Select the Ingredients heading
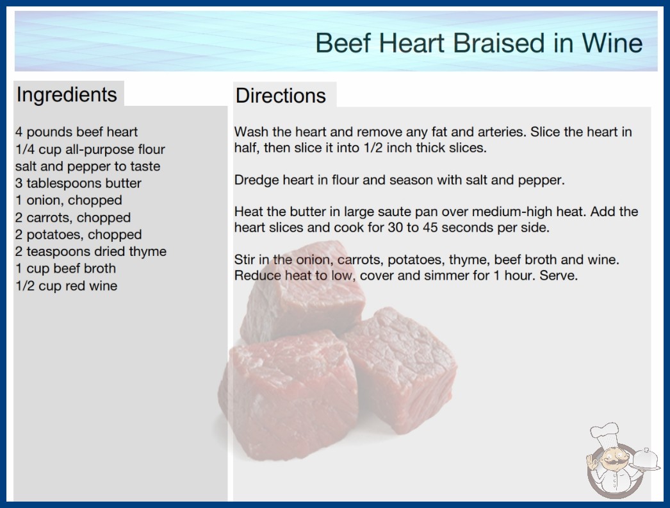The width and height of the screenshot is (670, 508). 67,94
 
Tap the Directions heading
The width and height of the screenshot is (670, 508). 281,96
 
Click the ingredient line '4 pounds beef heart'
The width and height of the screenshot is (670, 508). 76,132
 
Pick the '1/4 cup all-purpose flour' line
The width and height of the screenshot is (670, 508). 90,149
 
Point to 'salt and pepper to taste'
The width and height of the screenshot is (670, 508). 88,166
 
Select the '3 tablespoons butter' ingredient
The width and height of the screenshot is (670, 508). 78,183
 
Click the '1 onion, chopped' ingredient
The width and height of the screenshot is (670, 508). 69,200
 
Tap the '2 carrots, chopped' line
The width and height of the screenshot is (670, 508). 73,217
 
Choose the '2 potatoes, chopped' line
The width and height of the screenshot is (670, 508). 79,235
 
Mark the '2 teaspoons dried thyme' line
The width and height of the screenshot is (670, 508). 91,251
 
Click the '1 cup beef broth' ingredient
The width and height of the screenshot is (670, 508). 66,268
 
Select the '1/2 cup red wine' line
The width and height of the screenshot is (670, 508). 66,285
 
